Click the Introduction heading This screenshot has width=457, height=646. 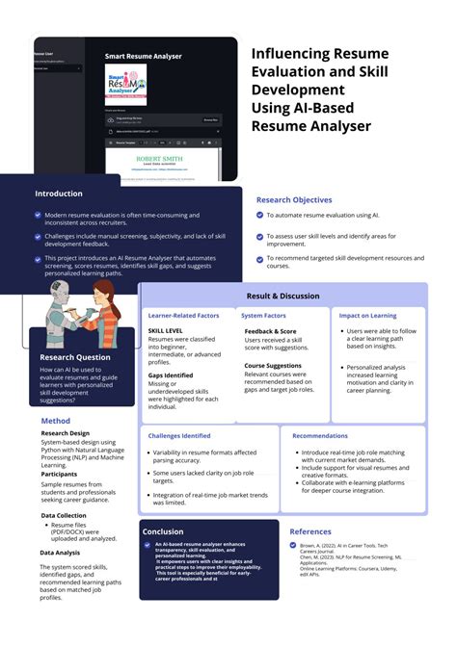[x=59, y=194]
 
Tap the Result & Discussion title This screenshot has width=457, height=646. [x=282, y=296]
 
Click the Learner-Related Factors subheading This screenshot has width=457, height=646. [x=183, y=315]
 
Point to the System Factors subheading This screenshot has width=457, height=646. [x=264, y=315]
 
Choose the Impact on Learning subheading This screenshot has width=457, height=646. [x=367, y=315]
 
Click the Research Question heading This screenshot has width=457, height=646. [x=74, y=357]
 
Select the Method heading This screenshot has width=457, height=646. [x=55, y=421]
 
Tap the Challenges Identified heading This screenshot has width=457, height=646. [x=179, y=436]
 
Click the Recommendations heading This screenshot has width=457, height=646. [x=320, y=436]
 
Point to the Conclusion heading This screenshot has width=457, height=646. [x=163, y=531]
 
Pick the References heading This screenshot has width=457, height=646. [x=310, y=531]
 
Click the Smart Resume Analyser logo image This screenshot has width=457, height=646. [x=126, y=86]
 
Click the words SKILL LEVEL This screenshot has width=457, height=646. [x=166, y=330]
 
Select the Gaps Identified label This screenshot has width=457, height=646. [x=171, y=375]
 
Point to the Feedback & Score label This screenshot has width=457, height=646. [x=270, y=330]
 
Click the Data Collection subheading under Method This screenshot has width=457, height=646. [x=64, y=515]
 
